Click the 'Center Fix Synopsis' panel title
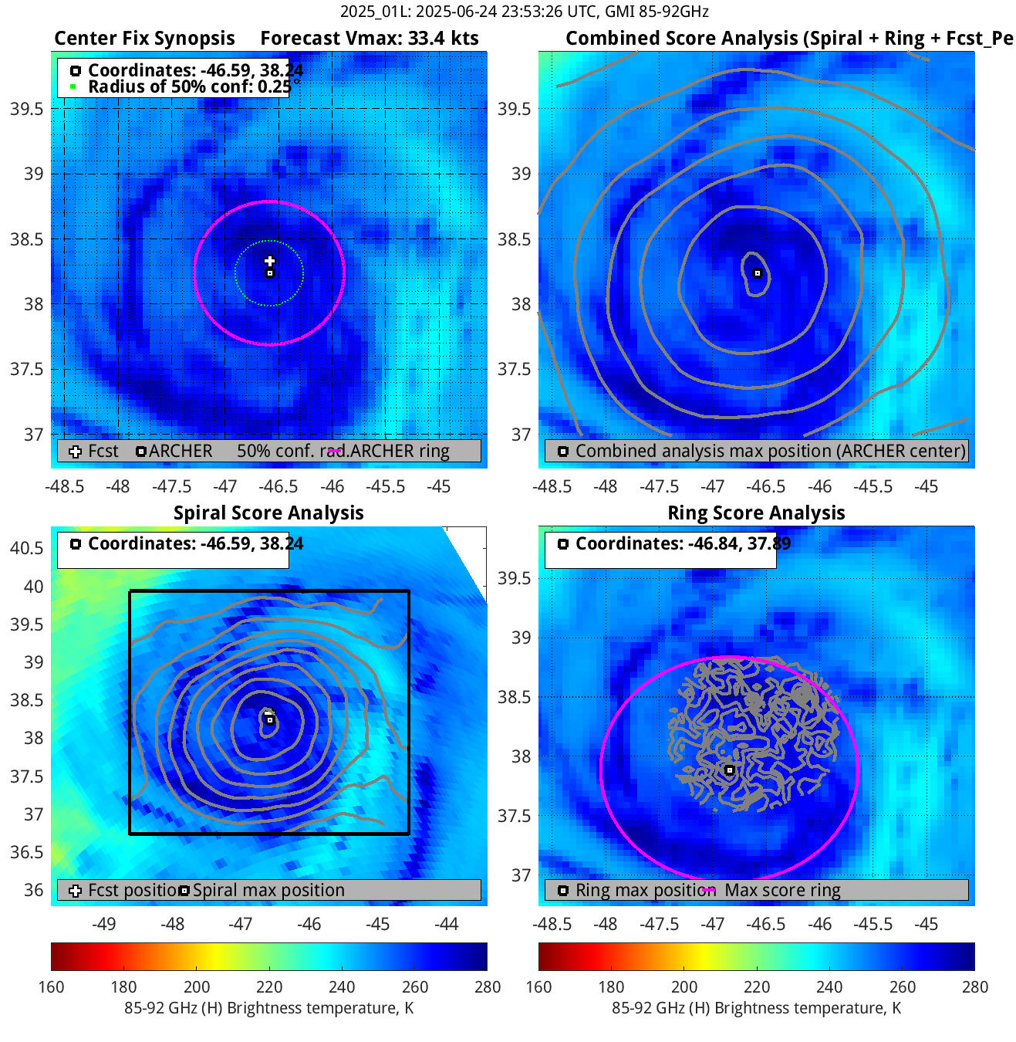[x=144, y=39]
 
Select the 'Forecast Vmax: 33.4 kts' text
[x=369, y=39]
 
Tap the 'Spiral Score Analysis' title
[x=268, y=513]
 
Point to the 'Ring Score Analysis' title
[x=756, y=513]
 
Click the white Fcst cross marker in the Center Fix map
[x=269, y=262]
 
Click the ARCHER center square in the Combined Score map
[x=758, y=273]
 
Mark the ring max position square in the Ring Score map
[x=729, y=770]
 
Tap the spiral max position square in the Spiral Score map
[x=269, y=720]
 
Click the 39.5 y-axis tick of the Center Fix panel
[x=27, y=109]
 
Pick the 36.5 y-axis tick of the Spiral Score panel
[x=27, y=852]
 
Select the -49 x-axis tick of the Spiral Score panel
[x=103, y=924]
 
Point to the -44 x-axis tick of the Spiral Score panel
[x=447, y=924]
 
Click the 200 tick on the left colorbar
[x=197, y=987]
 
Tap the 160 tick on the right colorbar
[x=538, y=987]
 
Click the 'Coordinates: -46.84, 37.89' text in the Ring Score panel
[x=683, y=544]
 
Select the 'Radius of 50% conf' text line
[x=189, y=86]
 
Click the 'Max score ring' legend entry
[x=782, y=891]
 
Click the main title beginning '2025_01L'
[x=524, y=12]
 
